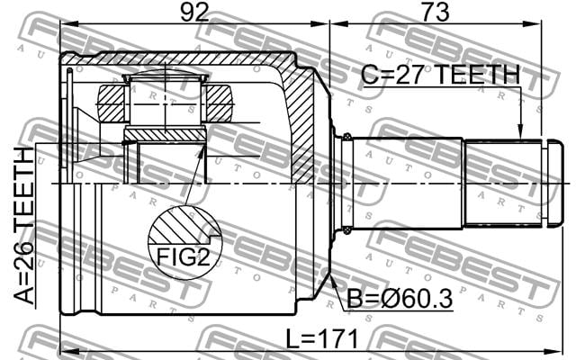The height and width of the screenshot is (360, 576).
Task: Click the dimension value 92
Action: tap(194, 12)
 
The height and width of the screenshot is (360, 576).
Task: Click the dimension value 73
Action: tap(436, 12)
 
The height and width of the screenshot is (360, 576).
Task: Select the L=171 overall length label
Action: tap(322, 338)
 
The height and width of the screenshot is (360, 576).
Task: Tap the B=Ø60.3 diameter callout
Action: tap(400, 299)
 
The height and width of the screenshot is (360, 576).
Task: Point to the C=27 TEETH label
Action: tap(440, 75)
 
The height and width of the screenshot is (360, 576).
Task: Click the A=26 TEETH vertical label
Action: tap(23, 226)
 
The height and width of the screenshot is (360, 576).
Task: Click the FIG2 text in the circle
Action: tap(183, 256)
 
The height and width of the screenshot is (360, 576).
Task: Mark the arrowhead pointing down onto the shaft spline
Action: tap(520, 131)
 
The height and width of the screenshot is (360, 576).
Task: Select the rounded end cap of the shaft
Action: tap(553, 184)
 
